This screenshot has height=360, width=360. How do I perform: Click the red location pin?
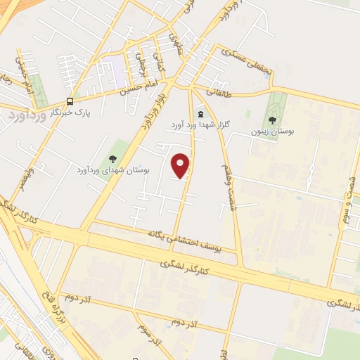point(181,165)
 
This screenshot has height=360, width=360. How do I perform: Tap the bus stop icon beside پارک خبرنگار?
point(70,101)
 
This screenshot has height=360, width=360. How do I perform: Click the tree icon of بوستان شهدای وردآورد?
point(112,158)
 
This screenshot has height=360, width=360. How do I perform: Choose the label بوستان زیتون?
point(274,131)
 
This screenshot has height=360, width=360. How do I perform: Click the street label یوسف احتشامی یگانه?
point(184,240)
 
